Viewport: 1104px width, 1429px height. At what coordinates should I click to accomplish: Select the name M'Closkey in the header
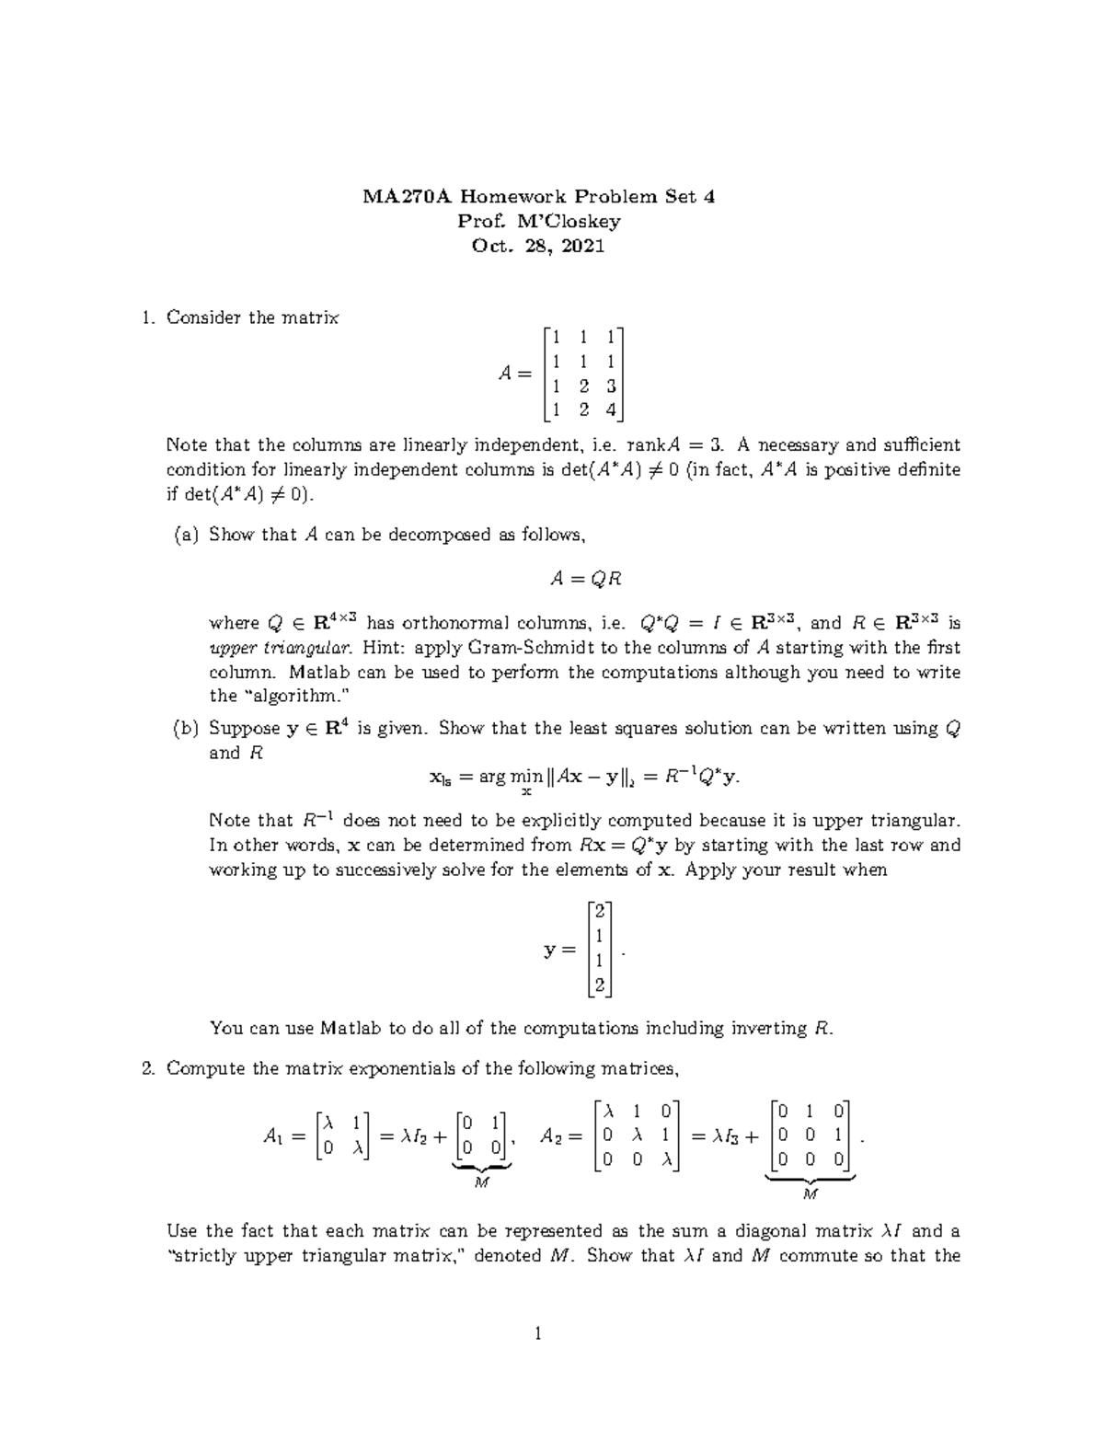click(x=566, y=221)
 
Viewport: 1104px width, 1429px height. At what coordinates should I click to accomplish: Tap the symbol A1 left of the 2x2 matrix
click(x=273, y=1137)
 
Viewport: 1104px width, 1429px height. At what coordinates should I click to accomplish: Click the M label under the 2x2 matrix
click(x=480, y=1183)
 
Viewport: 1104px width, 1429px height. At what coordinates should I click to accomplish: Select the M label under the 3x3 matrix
click(x=810, y=1194)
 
